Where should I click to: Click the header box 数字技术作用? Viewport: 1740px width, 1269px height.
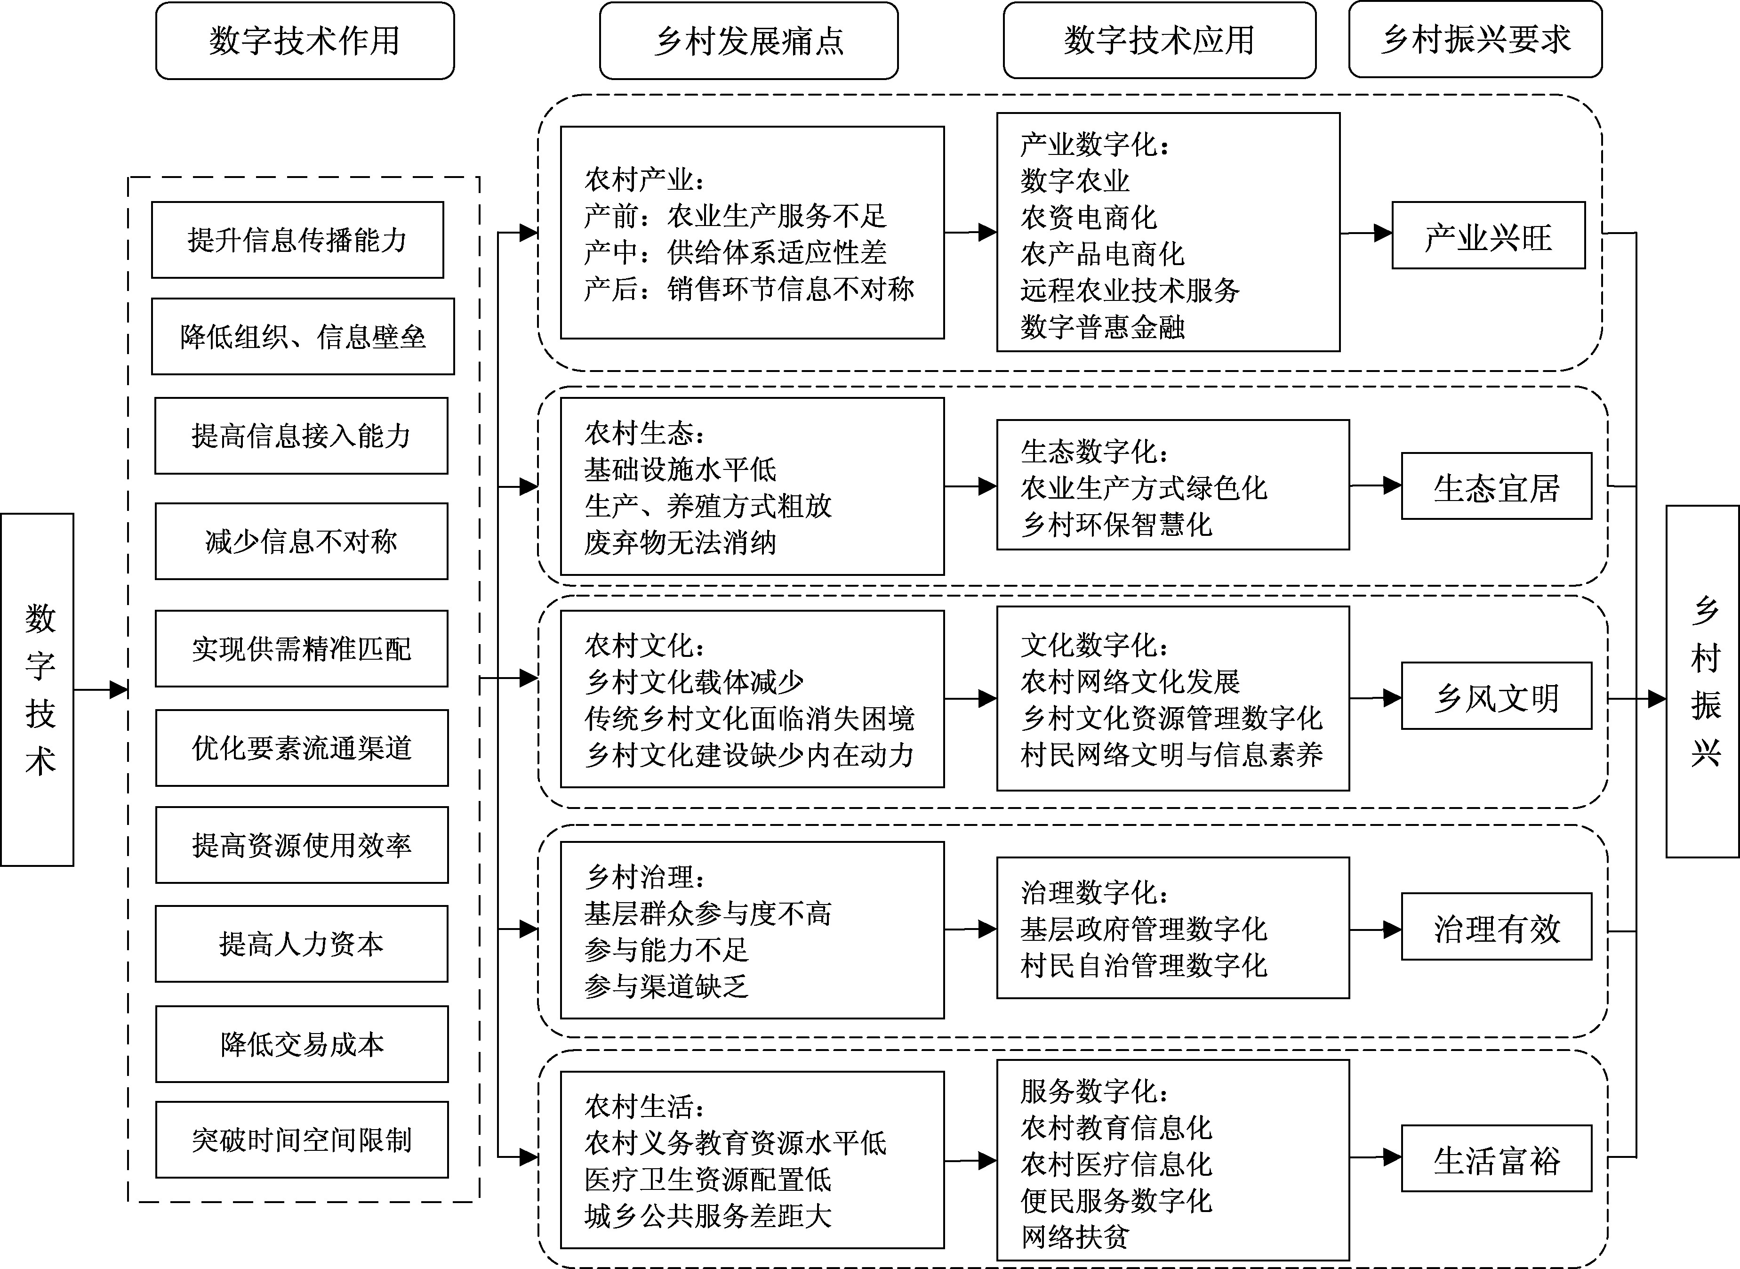click(x=305, y=40)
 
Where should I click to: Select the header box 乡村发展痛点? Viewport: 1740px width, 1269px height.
click(x=749, y=40)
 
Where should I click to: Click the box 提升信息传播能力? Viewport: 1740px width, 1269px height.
click(x=297, y=240)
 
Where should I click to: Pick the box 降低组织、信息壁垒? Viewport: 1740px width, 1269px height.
click(x=303, y=337)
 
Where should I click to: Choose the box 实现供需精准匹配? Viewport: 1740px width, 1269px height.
click(x=301, y=648)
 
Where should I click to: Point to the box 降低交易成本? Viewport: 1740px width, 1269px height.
click(x=302, y=1044)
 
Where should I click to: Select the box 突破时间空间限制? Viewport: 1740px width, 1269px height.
click(x=302, y=1140)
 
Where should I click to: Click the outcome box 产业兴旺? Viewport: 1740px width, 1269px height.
click(x=1488, y=236)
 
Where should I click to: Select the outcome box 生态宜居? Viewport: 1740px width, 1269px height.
click(x=1496, y=486)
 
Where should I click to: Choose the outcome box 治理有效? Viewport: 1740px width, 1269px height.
click(x=1496, y=927)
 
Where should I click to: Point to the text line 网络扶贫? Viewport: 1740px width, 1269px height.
click(x=1075, y=1237)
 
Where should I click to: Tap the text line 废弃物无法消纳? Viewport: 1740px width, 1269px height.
click(x=681, y=542)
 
